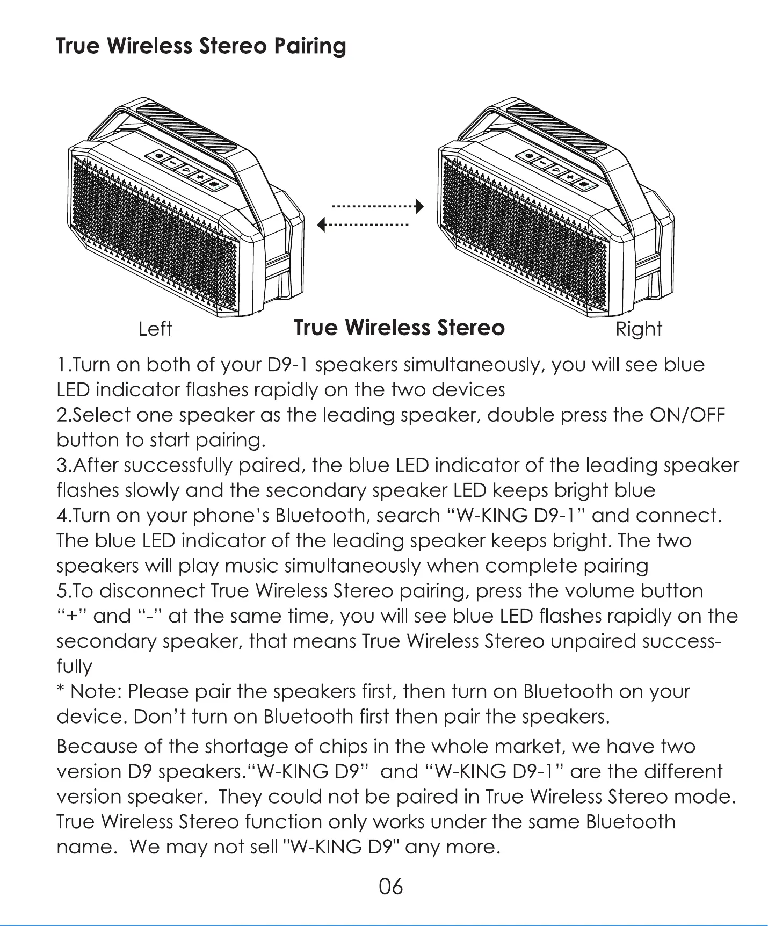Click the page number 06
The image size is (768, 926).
(390, 886)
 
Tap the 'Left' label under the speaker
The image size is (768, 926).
(155, 329)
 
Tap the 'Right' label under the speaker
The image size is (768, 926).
(639, 329)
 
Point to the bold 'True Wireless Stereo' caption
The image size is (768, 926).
(400, 327)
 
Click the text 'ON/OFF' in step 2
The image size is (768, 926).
(687, 415)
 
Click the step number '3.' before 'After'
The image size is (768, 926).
(62, 465)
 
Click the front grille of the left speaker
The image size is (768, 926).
(156, 236)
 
